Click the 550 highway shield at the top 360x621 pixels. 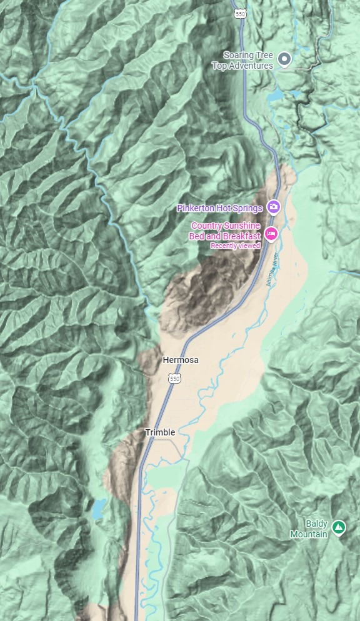tap(239, 12)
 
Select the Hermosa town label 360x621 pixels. tap(181, 360)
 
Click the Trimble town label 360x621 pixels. tap(160, 432)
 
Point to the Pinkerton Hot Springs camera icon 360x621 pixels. tap(273, 207)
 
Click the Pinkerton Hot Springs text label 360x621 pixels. tap(219, 207)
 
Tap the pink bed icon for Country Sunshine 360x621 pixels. tap(271, 234)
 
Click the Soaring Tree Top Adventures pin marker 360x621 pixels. tap(284, 59)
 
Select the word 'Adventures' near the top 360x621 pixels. tap(252, 66)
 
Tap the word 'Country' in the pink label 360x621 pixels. tap(207, 226)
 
